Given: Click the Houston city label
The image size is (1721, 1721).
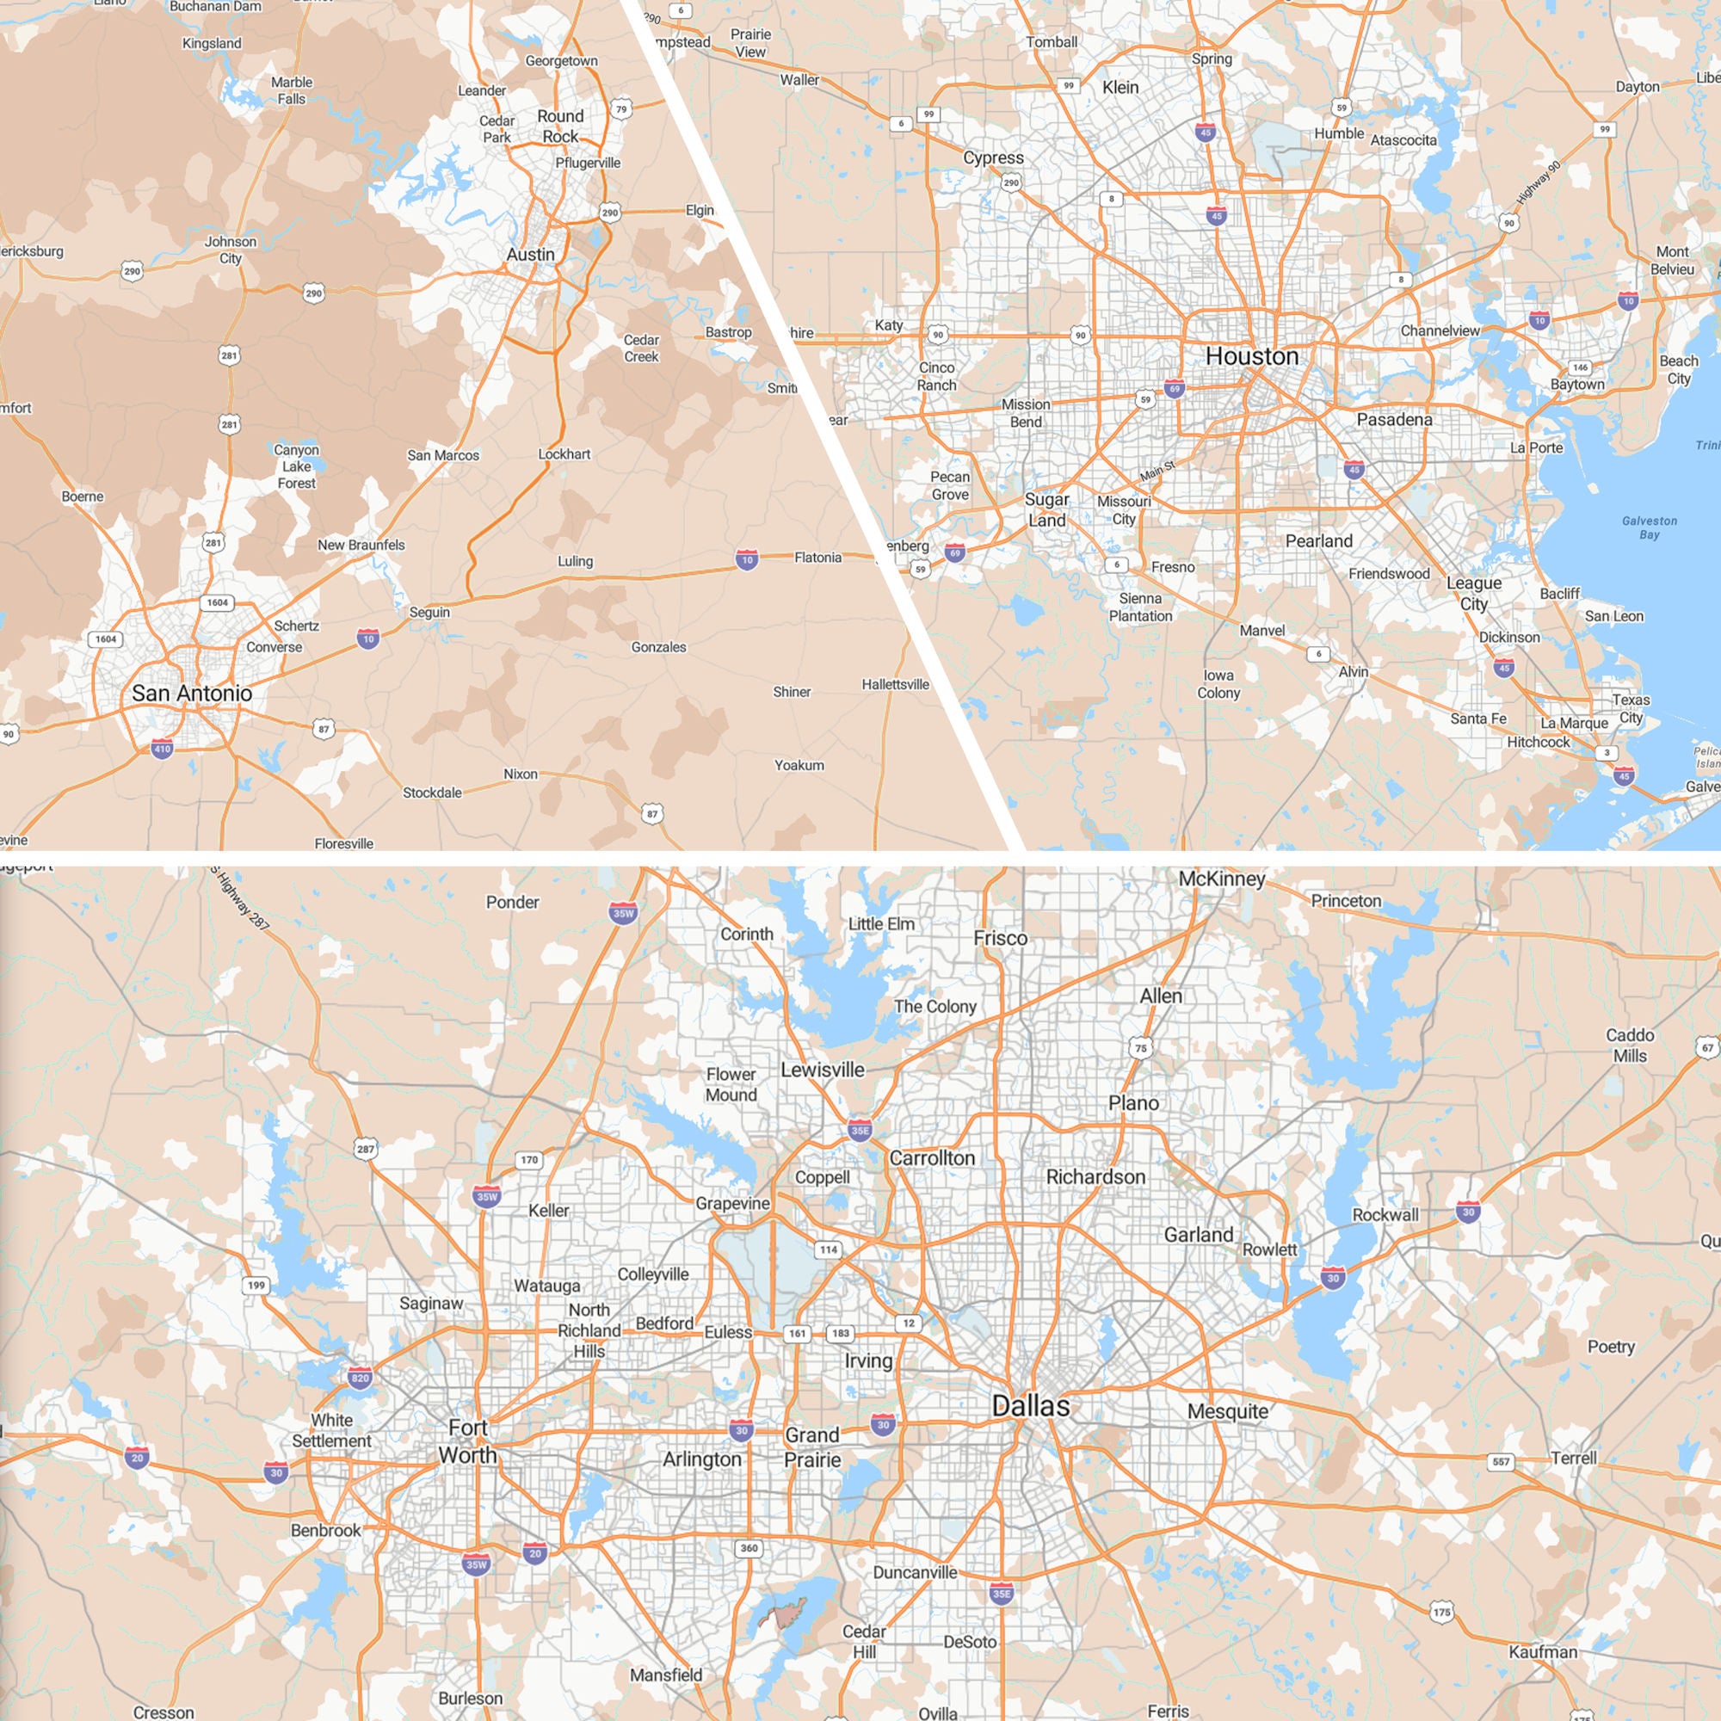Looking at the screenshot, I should [1251, 356].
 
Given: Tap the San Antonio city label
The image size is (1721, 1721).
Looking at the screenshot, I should [192, 693].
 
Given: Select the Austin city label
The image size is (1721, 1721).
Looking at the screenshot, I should [530, 255].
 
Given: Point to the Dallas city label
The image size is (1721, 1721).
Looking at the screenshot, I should [1031, 1406].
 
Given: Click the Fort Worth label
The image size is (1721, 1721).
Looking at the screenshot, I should [467, 1441].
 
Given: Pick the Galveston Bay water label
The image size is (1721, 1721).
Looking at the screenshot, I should [1649, 527].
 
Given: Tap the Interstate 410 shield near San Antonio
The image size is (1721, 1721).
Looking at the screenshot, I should [161, 749].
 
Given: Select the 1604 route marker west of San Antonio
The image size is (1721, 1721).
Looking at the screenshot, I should [106, 638].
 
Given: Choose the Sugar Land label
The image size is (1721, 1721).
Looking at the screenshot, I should [1046, 509].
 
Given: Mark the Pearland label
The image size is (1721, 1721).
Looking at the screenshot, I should [1318, 540].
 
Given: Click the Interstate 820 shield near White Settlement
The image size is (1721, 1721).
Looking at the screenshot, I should [360, 1378].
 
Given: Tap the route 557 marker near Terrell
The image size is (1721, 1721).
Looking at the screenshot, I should [1502, 1462].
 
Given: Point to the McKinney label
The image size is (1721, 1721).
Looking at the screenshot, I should [1221, 879].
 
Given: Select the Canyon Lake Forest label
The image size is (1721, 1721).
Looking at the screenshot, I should [297, 466].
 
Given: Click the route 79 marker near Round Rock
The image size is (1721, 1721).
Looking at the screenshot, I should [622, 109].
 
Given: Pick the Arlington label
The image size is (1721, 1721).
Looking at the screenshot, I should [702, 1459].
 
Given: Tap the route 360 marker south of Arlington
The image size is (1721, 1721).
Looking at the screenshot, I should [749, 1547].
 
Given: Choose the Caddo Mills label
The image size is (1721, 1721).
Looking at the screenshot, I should [1630, 1045].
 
